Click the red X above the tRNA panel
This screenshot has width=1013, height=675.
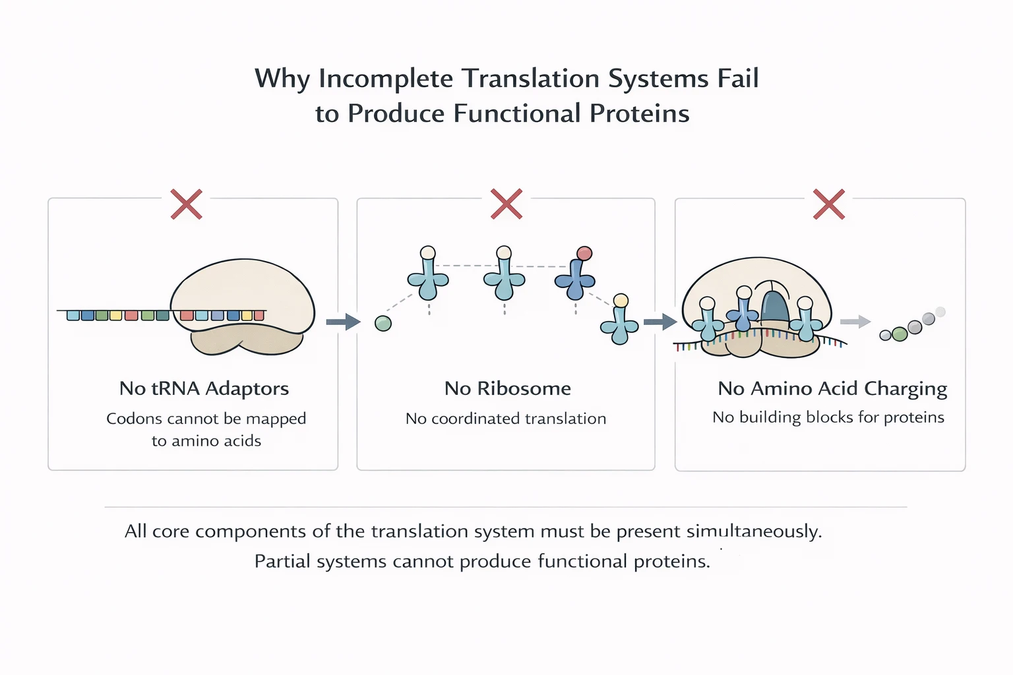pyautogui.click(x=186, y=204)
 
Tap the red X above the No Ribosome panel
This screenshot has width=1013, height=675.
pyautogui.click(x=506, y=204)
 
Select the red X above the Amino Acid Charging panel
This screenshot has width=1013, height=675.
pyautogui.click(x=828, y=204)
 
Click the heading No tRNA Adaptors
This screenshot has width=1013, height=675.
pyautogui.click(x=204, y=388)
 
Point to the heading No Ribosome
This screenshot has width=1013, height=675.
pyautogui.click(x=507, y=388)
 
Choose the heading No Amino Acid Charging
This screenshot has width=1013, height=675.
pyautogui.click(x=832, y=389)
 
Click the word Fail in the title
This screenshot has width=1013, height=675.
pyautogui.click(x=737, y=78)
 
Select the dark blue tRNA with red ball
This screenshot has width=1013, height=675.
pyautogui.click(x=575, y=279)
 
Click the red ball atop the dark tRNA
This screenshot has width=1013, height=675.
pyautogui.click(x=584, y=254)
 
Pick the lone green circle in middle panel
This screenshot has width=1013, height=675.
pyautogui.click(x=383, y=323)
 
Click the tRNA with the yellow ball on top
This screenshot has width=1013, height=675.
pyautogui.click(x=620, y=323)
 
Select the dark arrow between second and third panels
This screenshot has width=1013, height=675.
pyautogui.click(x=660, y=322)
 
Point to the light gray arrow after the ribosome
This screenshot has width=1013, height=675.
pyautogui.click(x=855, y=322)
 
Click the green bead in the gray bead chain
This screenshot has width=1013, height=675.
pyautogui.click(x=899, y=334)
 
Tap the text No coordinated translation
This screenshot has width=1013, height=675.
pyautogui.click(x=506, y=419)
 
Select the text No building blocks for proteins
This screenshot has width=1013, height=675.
pyautogui.click(x=828, y=417)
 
